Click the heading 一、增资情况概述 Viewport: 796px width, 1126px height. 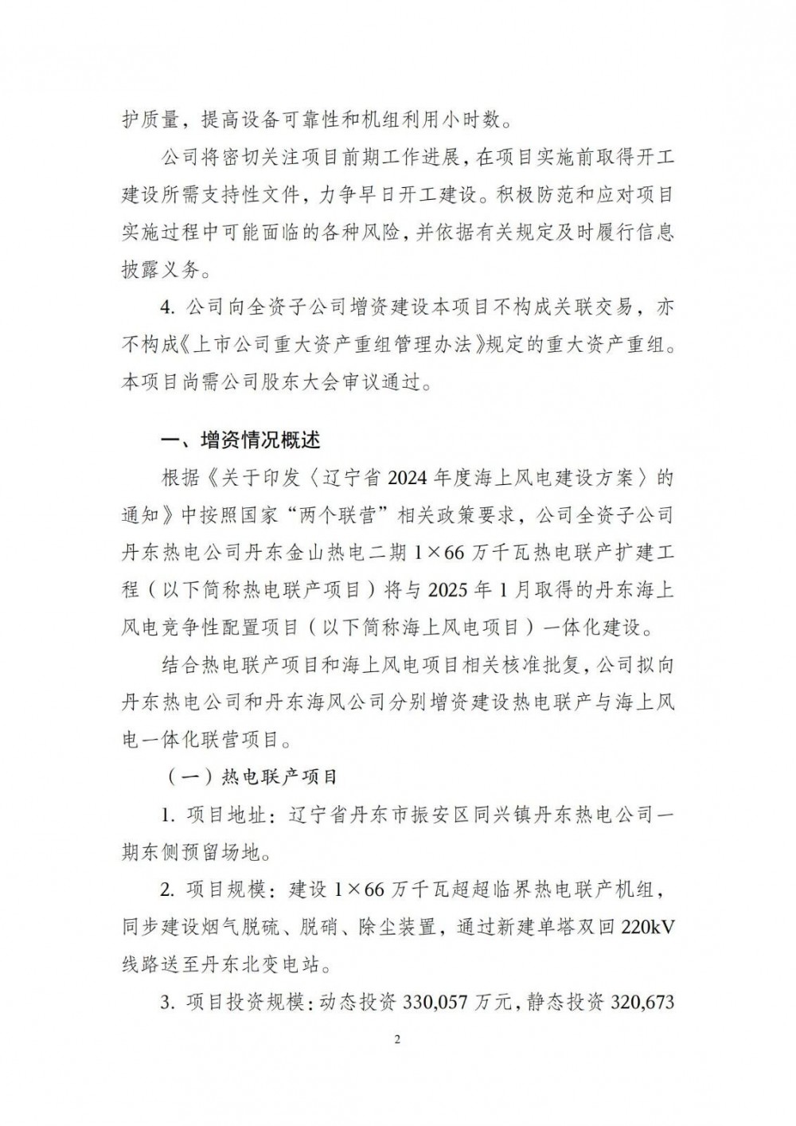coord(240,440)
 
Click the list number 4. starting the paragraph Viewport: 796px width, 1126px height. coord(166,307)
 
